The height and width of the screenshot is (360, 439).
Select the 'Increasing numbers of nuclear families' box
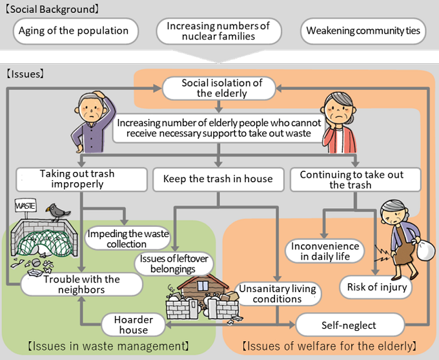coord(218,31)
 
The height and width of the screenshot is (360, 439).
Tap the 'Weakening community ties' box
coord(363,30)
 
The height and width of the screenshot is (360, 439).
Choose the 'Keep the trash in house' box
coord(218,179)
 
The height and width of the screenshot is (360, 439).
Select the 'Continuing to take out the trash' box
coord(355,179)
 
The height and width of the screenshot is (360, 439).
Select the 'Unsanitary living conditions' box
coord(278,293)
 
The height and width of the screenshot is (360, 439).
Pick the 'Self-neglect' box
coord(349,324)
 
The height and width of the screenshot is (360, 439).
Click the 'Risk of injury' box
coord(376,287)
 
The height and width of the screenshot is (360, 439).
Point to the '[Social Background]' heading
coord(52,9)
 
